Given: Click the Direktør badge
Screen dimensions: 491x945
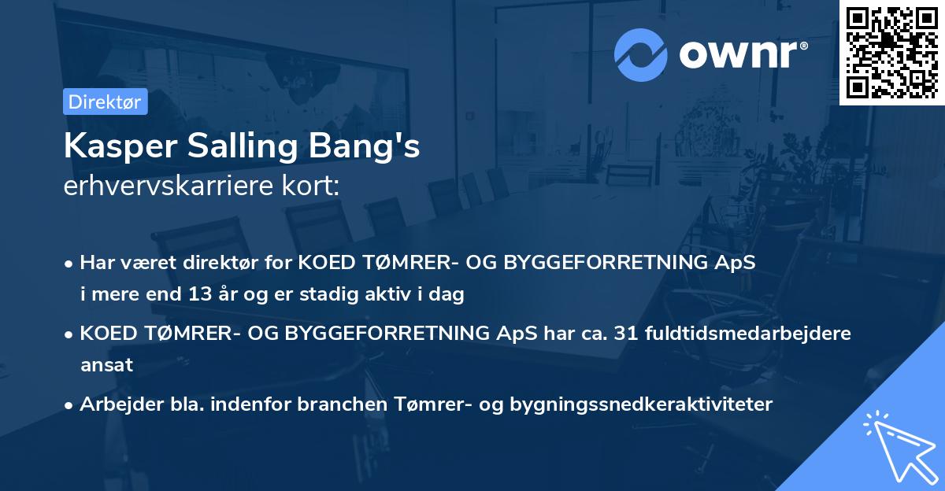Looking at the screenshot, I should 105,102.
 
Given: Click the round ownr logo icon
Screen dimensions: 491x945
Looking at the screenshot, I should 641,55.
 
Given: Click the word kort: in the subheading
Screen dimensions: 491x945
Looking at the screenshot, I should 310,186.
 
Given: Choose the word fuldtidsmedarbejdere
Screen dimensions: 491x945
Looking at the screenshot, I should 747,333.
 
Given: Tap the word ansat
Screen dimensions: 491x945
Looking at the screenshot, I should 106,365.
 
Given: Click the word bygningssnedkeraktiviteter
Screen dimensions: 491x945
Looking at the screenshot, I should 641,404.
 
